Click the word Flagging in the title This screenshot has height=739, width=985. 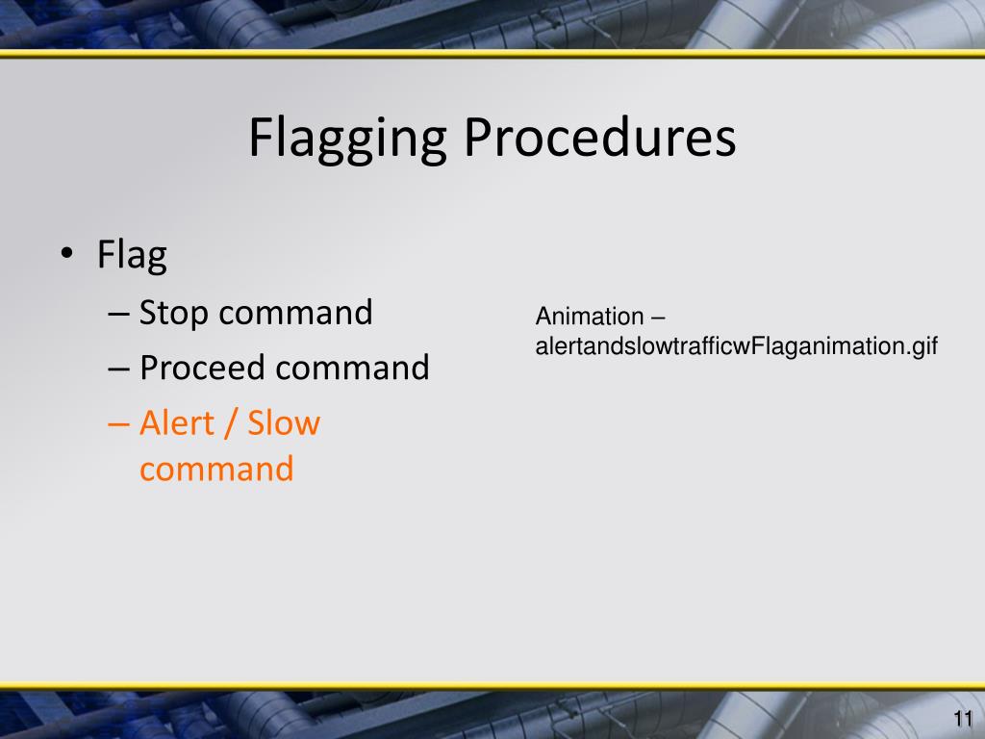[346, 138]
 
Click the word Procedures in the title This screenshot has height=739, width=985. [599, 138]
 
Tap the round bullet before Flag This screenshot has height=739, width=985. [65, 254]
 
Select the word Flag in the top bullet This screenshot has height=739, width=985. [132, 256]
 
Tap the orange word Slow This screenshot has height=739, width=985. [284, 422]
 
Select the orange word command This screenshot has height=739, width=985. [216, 470]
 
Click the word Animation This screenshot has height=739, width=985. [590, 317]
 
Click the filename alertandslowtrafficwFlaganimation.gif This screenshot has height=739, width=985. [736, 346]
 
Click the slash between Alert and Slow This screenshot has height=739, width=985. [230, 423]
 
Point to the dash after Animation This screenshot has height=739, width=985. [658, 318]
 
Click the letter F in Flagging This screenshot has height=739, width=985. [260, 138]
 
